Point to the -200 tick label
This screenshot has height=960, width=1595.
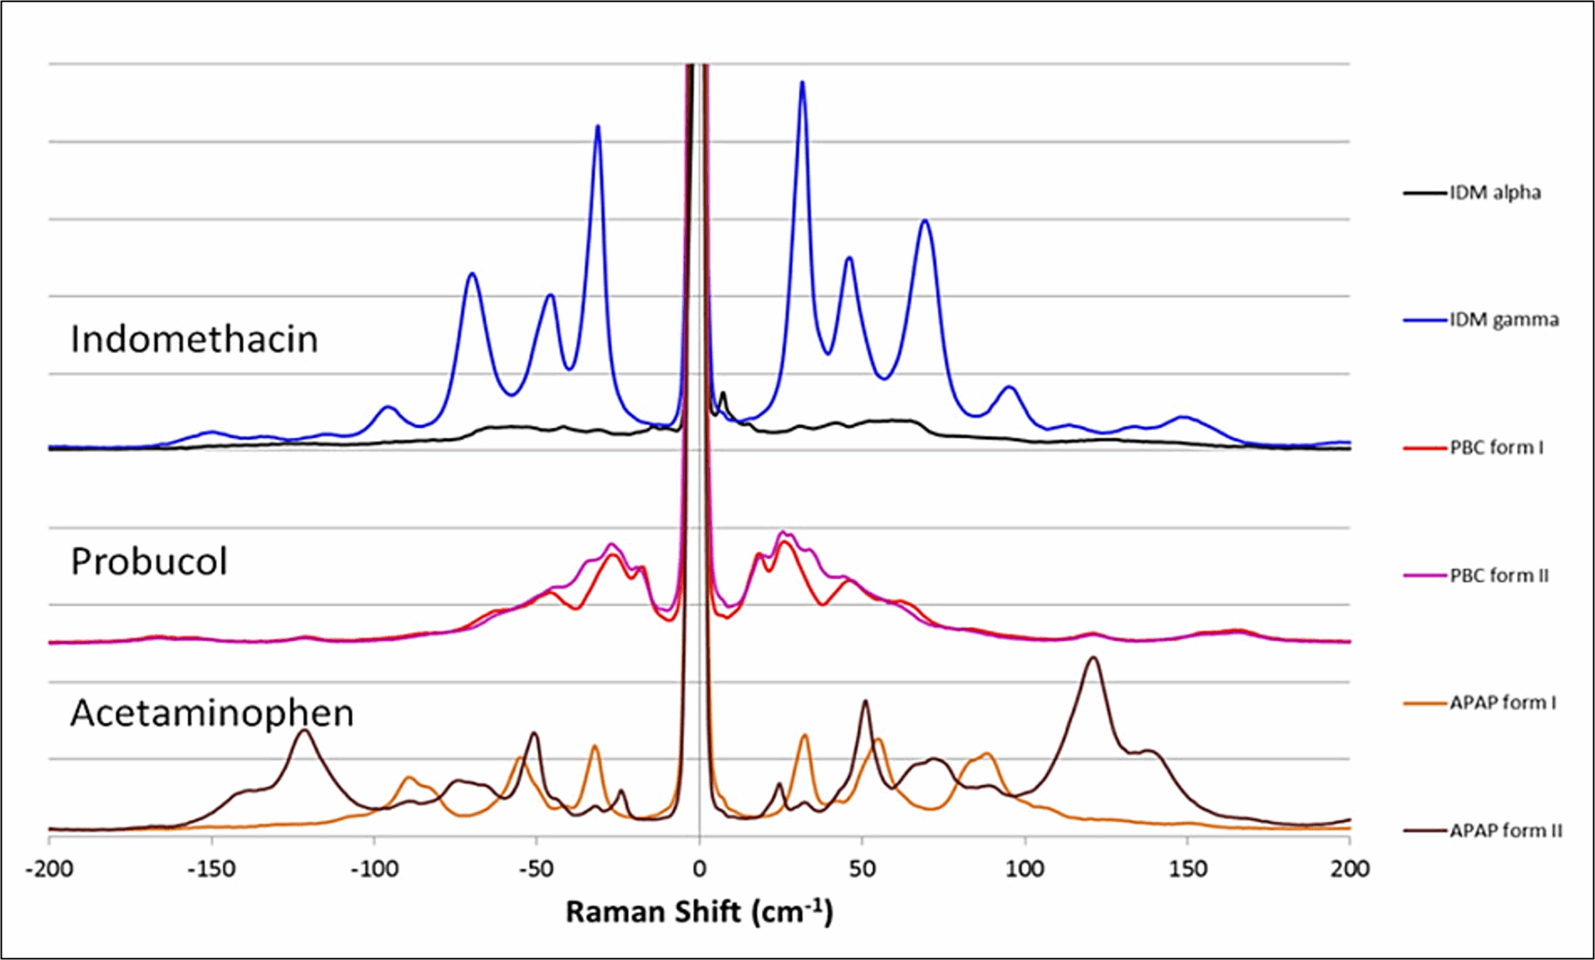point(49,869)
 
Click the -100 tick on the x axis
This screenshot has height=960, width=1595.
point(374,869)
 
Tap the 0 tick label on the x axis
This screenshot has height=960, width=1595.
point(699,869)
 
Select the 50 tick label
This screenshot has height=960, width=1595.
point(862,869)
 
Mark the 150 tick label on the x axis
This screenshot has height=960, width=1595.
point(1187,869)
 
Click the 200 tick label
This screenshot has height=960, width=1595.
point(1350,869)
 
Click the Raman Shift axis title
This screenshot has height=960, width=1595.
point(699,912)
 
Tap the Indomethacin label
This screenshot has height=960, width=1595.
point(195,340)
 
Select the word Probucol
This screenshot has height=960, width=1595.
point(149,562)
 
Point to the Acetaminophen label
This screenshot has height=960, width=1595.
point(212,713)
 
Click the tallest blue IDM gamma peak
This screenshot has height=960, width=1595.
point(802,83)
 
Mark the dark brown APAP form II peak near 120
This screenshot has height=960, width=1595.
point(1093,658)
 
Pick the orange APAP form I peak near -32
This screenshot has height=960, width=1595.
point(595,746)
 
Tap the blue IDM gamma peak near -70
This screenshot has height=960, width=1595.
point(471,274)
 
